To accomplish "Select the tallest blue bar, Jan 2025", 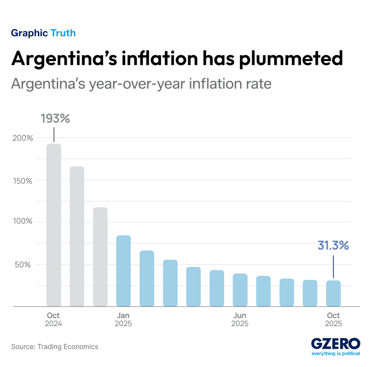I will click(123, 271).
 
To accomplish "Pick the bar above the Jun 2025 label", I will click(240, 290).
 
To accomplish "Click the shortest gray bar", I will click(100, 257).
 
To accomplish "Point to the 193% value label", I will click(55, 118).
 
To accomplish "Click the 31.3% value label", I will click(333, 245).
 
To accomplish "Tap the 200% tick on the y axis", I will click(24, 138).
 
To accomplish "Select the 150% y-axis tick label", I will click(24, 180).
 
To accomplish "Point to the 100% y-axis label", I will click(24, 222).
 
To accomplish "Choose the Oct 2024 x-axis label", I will click(53, 320).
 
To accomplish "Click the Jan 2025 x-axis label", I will click(123, 320).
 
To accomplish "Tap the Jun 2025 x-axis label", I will click(240, 320).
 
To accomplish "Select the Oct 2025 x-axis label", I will click(333, 320).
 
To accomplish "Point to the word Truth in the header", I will click(63, 33).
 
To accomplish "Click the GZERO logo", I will click(335, 344).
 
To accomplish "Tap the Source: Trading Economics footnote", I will click(55, 347).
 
